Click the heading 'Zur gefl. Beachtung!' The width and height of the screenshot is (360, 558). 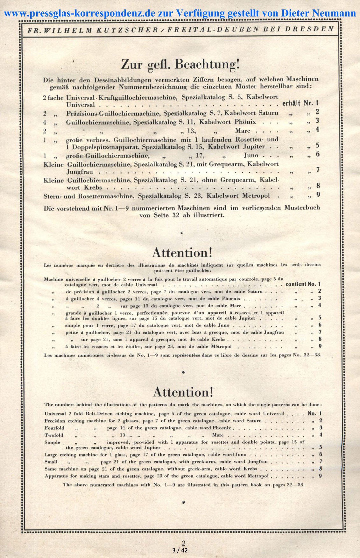click(180, 65)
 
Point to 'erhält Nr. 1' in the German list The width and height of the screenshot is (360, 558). click(300, 103)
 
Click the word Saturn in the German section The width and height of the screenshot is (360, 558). click(268, 113)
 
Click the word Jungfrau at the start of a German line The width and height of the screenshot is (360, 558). click(80, 171)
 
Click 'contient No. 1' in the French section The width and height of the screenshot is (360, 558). click(303, 284)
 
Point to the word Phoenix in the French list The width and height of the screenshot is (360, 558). click(231, 299)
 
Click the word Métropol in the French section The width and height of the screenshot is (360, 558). click(221, 346)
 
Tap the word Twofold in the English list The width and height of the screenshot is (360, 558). click(54, 435)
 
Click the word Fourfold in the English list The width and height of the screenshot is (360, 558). click(54, 428)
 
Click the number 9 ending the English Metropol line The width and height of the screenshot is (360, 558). click(321, 476)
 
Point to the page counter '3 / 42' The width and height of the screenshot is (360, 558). click(180, 550)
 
